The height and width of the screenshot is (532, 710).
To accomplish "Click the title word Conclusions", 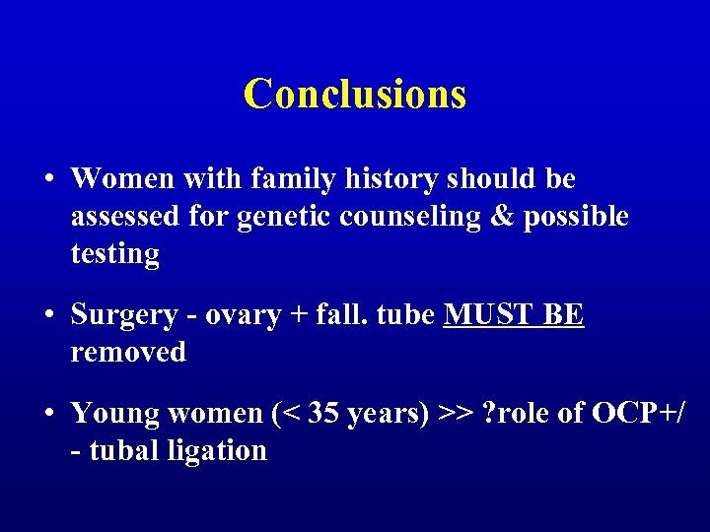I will click(x=354, y=95).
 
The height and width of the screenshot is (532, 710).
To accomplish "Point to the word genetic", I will click(x=284, y=217).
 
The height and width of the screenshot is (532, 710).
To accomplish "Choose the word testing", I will click(x=114, y=254).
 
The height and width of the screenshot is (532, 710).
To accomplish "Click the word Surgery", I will click(x=124, y=315).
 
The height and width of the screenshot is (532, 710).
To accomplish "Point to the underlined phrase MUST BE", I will click(x=514, y=315).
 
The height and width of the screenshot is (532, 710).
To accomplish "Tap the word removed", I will click(x=128, y=352).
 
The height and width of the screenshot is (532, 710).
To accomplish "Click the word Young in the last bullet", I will click(x=114, y=414).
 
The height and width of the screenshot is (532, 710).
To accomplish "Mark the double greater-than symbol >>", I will click(x=457, y=414).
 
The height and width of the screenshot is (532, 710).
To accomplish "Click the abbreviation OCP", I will click(x=624, y=414).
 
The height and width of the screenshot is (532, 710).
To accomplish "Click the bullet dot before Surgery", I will click(x=48, y=315).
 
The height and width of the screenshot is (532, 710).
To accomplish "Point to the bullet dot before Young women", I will click(x=48, y=414).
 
